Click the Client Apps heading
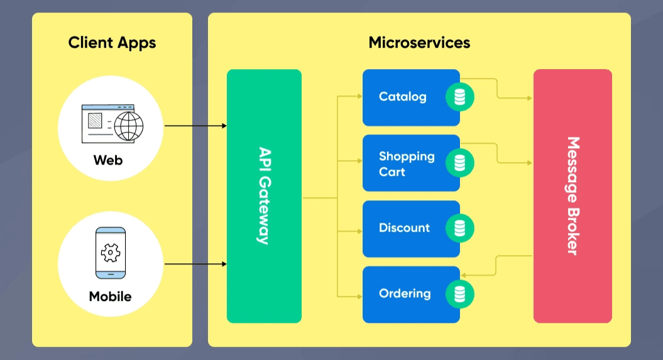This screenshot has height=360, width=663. (x=112, y=43)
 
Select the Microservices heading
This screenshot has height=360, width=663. (x=419, y=43)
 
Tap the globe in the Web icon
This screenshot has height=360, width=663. (x=128, y=125)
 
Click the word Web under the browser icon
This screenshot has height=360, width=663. (x=108, y=160)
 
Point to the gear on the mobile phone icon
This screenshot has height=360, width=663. (x=111, y=253)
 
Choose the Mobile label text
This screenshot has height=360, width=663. (x=111, y=296)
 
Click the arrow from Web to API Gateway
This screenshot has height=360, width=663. (x=195, y=126)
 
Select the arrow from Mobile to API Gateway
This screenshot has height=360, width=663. (x=195, y=264)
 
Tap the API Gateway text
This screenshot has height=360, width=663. (x=264, y=195)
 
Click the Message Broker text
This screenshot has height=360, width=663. (x=573, y=195)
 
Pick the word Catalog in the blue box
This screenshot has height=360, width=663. (x=402, y=97)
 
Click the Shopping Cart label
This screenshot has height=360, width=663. (x=406, y=163)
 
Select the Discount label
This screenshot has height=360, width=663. (x=404, y=228)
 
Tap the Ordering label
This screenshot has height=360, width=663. (x=405, y=293)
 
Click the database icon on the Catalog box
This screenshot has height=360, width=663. (x=460, y=97)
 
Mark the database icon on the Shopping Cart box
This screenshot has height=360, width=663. (x=460, y=163)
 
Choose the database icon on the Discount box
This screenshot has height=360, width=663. (x=460, y=228)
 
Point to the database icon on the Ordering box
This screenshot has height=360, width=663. (x=460, y=293)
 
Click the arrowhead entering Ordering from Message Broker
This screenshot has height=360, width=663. (x=464, y=275)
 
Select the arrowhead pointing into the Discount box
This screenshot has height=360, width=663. (x=359, y=231)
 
